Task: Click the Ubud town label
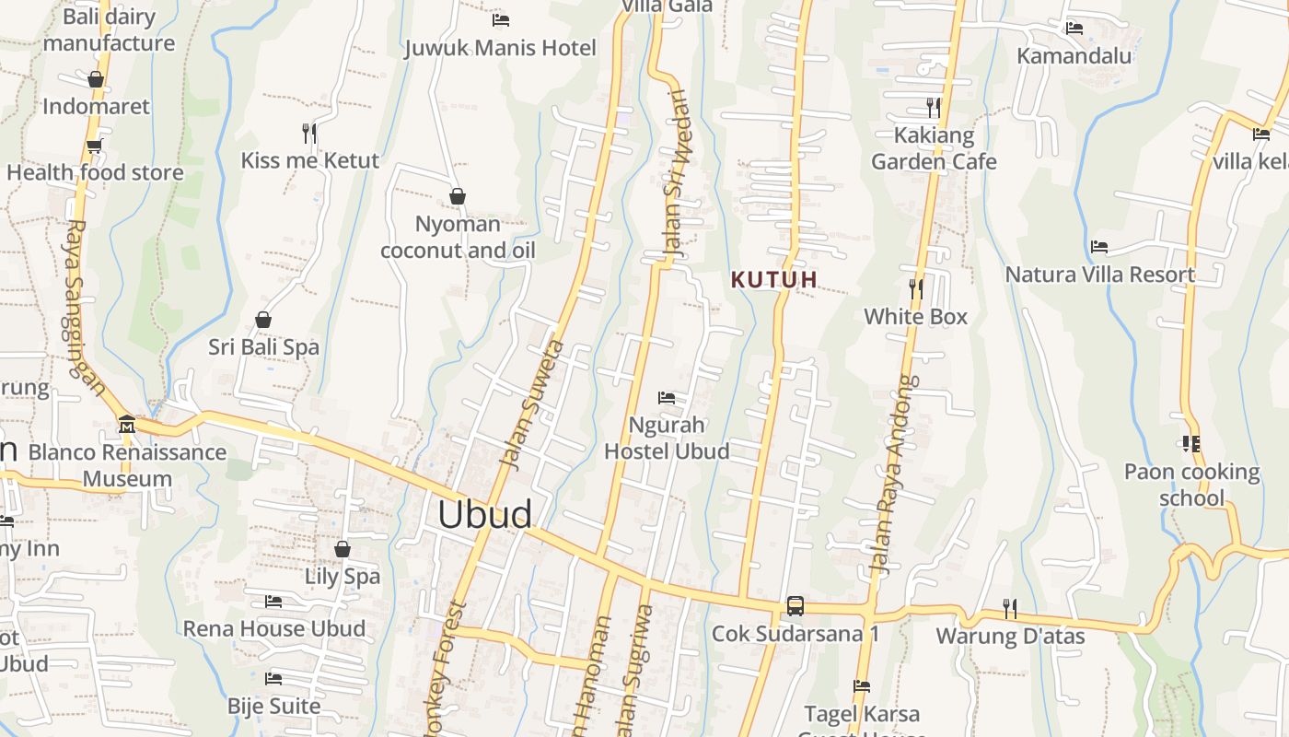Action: [x=484, y=514]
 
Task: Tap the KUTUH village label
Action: [x=774, y=279]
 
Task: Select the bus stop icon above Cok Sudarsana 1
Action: [x=795, y=606]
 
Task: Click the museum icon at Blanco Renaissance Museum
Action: [x=127, y=425]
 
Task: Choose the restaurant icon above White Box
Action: [x=915, y=289]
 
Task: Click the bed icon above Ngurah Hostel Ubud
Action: [x=667, y=398]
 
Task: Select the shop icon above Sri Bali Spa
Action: [x=263, y=320]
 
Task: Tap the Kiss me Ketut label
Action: [x=309, y=160]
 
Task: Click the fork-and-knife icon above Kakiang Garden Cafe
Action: [x=933, y=108]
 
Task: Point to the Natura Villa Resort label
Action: [x=1099, y=275]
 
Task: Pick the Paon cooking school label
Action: [x=1191, y=485]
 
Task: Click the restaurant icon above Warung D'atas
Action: [x=1010, y=608]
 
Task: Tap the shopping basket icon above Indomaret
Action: [x=95, y=79]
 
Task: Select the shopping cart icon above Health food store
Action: [x=94, y=146]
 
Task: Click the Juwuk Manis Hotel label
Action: [x=500, y=48]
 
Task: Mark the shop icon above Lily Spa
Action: [x=343, y=549]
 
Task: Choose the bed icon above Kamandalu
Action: [x=1074, y=29]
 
